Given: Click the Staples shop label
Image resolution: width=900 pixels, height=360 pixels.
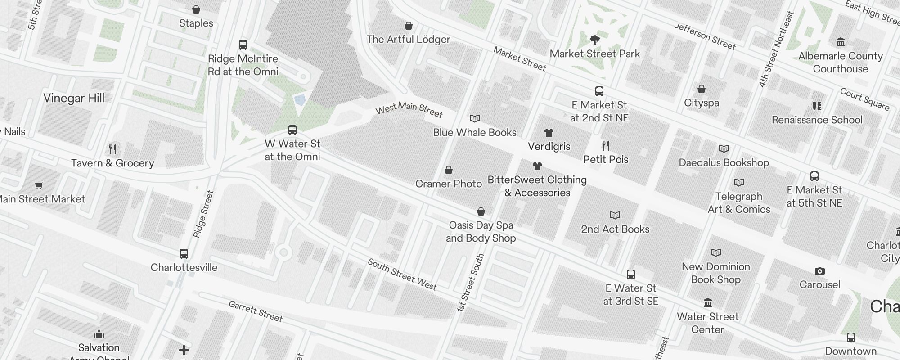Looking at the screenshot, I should [196, 23].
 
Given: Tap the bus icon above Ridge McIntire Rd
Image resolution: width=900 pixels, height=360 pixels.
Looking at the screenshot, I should [243, 45].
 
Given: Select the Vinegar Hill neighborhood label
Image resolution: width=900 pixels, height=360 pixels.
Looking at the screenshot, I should [74, 99].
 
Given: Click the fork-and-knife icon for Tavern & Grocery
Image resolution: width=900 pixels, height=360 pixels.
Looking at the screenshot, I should [112, 149].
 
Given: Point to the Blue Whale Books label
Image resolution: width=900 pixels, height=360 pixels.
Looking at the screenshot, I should [475, 133].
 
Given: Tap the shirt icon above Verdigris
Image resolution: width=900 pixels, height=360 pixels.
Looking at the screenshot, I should [549, 133].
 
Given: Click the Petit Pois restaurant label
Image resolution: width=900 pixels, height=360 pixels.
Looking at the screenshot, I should [606, 160].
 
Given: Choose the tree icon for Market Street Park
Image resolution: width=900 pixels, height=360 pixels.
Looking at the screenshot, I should [594, 40].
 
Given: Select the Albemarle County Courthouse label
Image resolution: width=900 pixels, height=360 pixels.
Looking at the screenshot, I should [840, 63].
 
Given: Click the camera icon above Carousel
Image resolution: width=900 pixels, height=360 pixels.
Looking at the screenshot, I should [819, 271].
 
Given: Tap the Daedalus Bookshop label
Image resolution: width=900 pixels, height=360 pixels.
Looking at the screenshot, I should [724, 163].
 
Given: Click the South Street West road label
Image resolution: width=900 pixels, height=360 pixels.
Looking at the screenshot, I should [402, 274].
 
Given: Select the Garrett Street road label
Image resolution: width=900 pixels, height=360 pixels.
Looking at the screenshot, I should [256, 311].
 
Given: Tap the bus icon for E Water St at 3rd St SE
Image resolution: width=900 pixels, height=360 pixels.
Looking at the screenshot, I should [631, 274].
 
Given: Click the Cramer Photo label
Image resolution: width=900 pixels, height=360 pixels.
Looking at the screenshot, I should [449, 184].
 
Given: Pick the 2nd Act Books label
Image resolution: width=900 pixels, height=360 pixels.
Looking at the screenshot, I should [615, 229].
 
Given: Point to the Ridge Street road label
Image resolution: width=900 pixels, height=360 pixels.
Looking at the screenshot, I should [203, 214].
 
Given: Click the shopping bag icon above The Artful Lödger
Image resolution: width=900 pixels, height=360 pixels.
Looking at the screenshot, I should [409, 26].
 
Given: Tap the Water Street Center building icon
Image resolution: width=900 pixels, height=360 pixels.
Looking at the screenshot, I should [707, 302].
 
